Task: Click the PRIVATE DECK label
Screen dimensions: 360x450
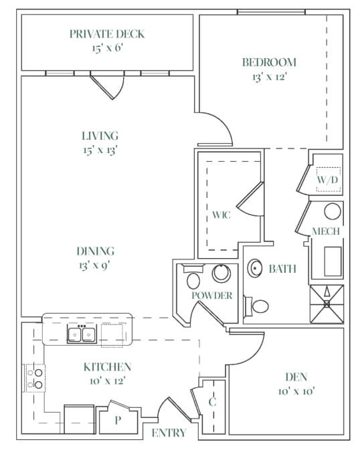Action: tap(107, 34)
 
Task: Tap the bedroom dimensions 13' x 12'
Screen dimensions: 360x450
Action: tap(270, 77)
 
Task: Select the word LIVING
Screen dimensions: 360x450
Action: tap(100, 136)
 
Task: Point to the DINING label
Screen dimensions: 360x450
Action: tap(96, 251)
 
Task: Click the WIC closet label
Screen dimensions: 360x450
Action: tap(221, 215)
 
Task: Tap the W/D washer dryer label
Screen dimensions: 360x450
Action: tap(327, 180)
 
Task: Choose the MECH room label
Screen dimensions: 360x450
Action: tap(326, 231)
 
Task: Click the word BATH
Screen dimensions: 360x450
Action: tap(282, 269)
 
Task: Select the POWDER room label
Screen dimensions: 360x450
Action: tap(212, 296)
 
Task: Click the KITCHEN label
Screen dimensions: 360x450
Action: tap(107, 367)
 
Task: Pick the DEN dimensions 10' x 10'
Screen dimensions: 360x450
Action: tap(296, 391)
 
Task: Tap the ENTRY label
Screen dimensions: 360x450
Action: tap(169, 433)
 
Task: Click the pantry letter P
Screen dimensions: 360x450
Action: tap(118, 420)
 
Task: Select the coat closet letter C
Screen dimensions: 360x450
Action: tap(212, 402)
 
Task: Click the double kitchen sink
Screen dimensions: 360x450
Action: tap(82, 334)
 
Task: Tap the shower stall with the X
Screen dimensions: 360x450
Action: tap(327, 304)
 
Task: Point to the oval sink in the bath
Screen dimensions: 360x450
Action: tap(255, 268)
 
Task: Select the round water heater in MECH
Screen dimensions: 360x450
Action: tap(333, 211)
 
